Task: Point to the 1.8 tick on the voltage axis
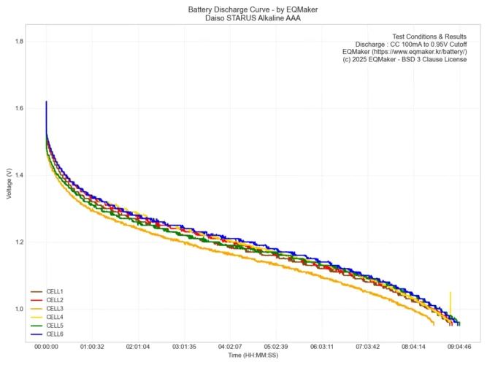pos(19,42)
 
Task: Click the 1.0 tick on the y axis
pos(19,309)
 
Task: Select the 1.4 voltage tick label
pos(19,175)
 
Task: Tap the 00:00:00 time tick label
pos(46,347)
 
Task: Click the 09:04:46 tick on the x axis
pos(459,347)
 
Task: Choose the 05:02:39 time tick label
pos(276,347)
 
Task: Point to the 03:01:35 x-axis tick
pos(184,347)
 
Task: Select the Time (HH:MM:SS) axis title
pos(253,356)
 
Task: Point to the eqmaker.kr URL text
pos(404,52)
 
